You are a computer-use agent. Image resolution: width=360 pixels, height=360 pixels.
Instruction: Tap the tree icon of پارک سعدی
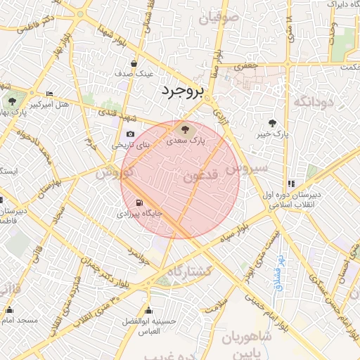pyautogui.click(x=185, y=129)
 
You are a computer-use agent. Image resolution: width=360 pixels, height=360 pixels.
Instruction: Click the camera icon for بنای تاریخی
pyautogui.click(x=130, y=134)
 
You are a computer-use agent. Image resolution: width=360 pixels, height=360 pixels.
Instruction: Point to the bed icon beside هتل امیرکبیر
pyautogui.click(x=49, y=94)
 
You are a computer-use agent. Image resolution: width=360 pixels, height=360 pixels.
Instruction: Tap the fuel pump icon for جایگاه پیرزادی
pyautogui.click(x=129, y=202)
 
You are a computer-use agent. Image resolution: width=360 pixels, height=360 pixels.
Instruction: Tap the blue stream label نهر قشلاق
pyautogui.click(x=278, y=271)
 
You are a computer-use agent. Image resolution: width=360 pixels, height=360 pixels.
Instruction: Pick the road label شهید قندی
pyautogui.click(x=112, y=112)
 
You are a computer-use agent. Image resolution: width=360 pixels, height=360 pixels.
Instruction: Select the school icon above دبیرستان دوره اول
pyautogui.click(x=291, y=184)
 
